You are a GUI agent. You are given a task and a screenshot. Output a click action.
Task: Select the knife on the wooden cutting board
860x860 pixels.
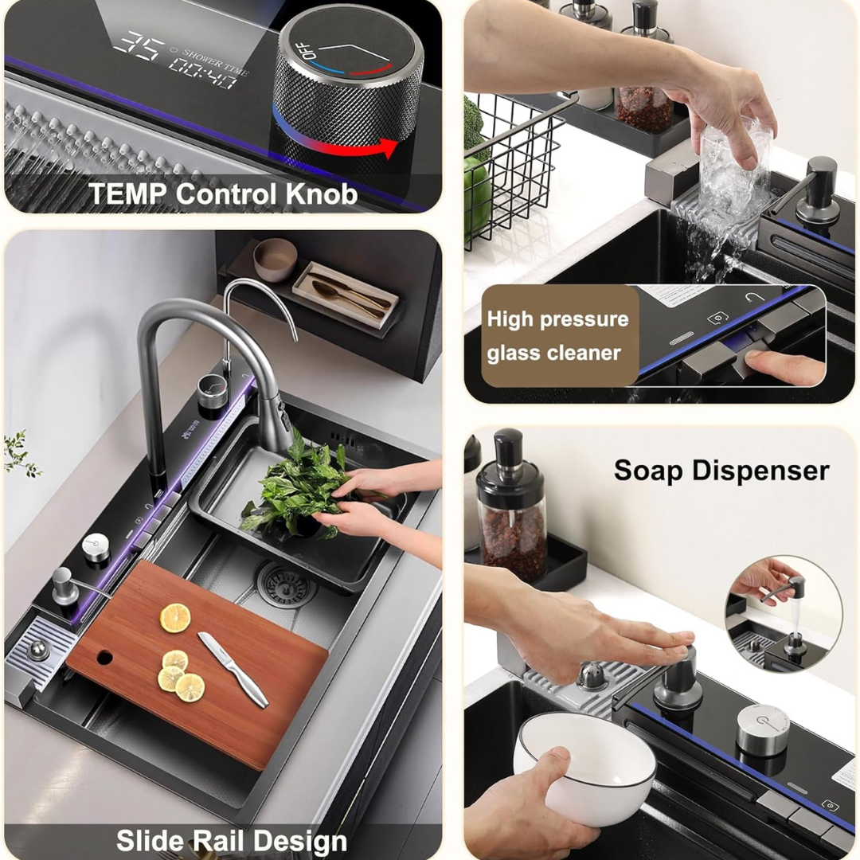click(x=233, y=668)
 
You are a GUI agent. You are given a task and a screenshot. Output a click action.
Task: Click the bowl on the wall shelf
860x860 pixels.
click(x=275, y=259)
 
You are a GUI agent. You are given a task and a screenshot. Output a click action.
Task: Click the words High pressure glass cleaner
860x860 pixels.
click(x=557, y=336)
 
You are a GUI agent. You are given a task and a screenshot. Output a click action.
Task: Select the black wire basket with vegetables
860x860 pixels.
click(x=510, y=171)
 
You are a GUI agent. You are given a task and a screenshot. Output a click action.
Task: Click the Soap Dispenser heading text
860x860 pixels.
click(x=721, y=470)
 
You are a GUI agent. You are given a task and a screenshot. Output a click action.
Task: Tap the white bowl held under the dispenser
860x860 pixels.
click(x=584, y=765)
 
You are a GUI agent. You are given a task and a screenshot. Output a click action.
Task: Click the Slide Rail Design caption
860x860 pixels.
click(x=231, y=841)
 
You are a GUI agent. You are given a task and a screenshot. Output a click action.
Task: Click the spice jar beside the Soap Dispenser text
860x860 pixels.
click(x=511, y=510)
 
